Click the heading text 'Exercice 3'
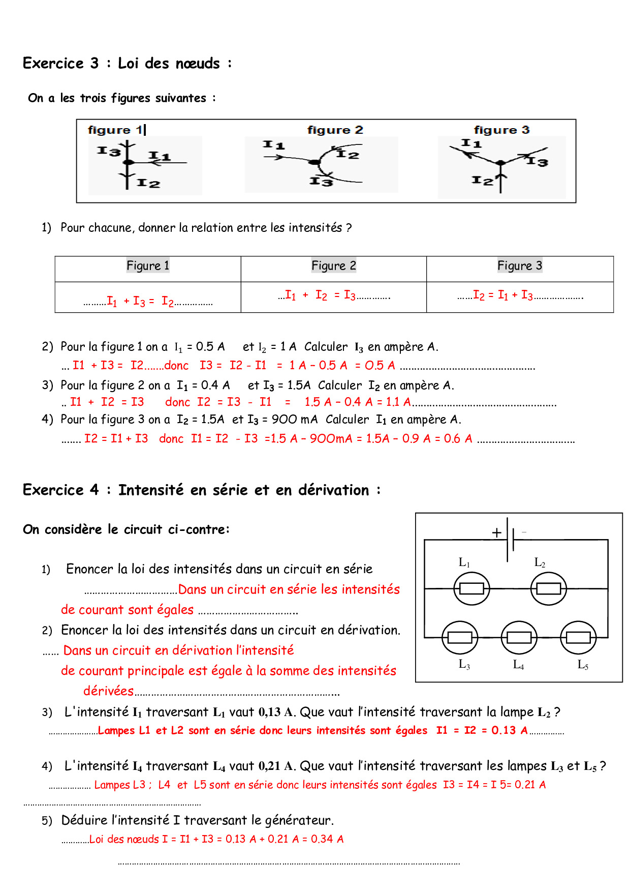[x=60, y=64]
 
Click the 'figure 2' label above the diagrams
[x=335, y=130]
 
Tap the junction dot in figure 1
[x=129, y=162]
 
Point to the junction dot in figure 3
[x=501, y=163]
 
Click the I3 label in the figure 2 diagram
[x=321, y=181]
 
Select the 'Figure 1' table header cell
[x=148, y=265]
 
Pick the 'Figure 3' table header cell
[x=519, y=265]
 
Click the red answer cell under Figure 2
[x=333, y=295]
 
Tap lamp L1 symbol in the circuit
[x=471, y=588]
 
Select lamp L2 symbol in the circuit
[x=548, y=588]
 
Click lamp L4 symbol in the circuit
[x=519, y=637]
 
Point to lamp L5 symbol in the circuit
[x=578, y=637]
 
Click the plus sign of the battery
[x=496, y=532]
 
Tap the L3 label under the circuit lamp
[x=464, y=664]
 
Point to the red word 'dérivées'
[x=108, y=691]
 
